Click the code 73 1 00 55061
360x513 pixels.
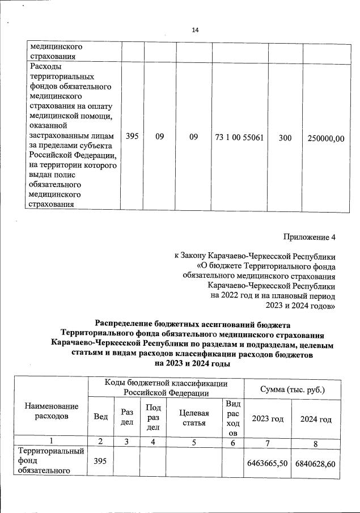pos(239,137)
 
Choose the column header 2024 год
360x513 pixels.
pos(316,419)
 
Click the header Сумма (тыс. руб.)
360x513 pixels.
pos(292,390)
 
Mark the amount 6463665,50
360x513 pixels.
pos(268,463)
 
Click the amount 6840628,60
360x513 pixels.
pos(316,463)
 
